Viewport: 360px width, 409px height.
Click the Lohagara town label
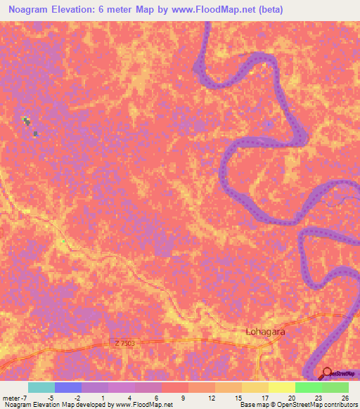tap(264, 331)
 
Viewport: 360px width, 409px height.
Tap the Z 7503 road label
tap(122, 343)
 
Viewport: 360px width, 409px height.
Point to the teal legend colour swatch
tap(41, 387)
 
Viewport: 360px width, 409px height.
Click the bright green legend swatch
tap(308, 387)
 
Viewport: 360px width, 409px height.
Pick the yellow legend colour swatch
tap(281, 387)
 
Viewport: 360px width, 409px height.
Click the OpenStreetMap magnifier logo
tap(327, 372)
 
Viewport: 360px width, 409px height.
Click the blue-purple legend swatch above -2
tap(68, 387)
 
